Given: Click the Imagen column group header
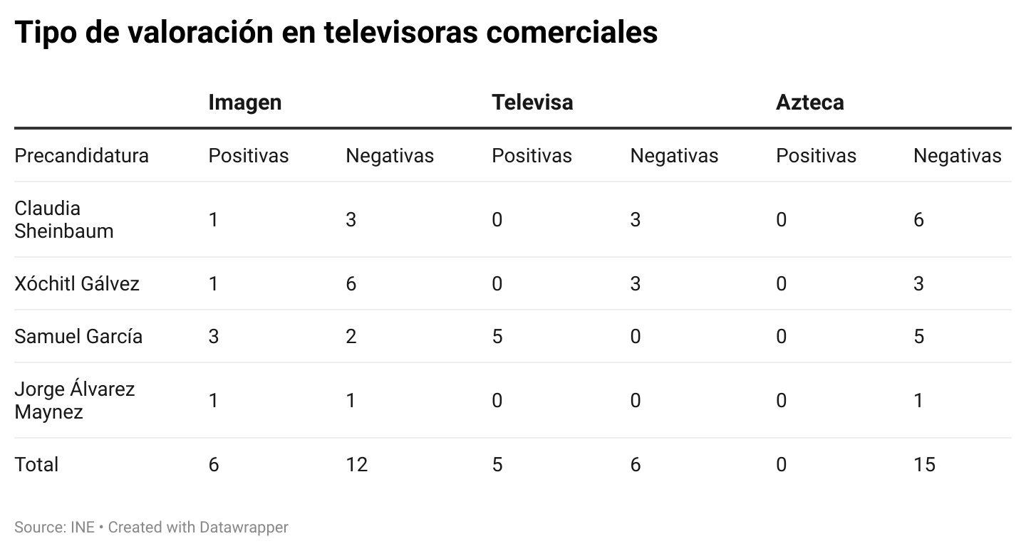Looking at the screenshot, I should click(x=244, y=103).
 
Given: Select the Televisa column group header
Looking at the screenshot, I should click(x=532, y=103).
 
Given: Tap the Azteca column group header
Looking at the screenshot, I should click(x=809, y=103).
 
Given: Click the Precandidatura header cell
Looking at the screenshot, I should click(x=81, y=156).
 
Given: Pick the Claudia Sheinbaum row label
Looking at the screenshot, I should click(x=63, y=219).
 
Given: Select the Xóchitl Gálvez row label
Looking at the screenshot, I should click(x=76, y=284).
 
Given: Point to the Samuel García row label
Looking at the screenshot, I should click(x=78, y=337).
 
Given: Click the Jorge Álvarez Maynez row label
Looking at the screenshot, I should click(x=74, y=401).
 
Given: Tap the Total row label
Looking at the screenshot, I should click(x=36, y=465).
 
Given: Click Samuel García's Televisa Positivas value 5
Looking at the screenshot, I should click(x=497, y=337).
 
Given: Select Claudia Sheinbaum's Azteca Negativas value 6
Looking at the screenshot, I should click(x=918, y=220).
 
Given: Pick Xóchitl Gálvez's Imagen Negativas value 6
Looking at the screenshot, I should click(x=351, y=284).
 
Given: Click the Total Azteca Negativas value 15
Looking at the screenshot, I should click(x=923, y=465).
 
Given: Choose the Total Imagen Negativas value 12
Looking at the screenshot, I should click(x=356, y=465).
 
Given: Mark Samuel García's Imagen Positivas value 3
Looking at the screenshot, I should click(x=213, y=337).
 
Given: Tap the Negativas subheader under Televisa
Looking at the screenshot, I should click(x=673, y=156).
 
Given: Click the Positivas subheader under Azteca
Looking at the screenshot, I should click(x=816, y=156).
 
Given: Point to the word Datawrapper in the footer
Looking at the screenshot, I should click(x=244, y=528).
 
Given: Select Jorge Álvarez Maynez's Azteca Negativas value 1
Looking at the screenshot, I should click(x=918, y=401).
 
